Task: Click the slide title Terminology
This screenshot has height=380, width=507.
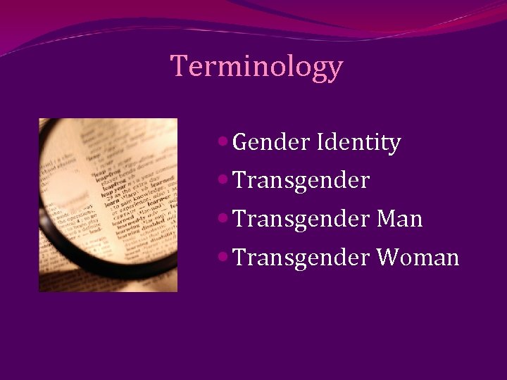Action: click(x=257, y=66)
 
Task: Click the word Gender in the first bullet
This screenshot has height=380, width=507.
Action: click(x=271, y=143)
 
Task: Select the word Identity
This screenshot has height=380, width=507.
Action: click(x=359, y=143)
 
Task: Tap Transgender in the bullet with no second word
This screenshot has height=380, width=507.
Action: click(x=301, y=181)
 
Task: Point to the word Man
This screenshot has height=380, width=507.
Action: click(x=399, y=219)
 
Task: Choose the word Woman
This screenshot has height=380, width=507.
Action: click(x=418, y=258)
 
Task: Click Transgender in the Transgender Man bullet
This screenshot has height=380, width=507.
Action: click(x=301, y=219)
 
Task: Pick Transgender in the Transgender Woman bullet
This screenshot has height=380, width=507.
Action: click(x=301, y=258)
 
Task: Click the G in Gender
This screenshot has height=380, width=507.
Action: click(x=240, y=143)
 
